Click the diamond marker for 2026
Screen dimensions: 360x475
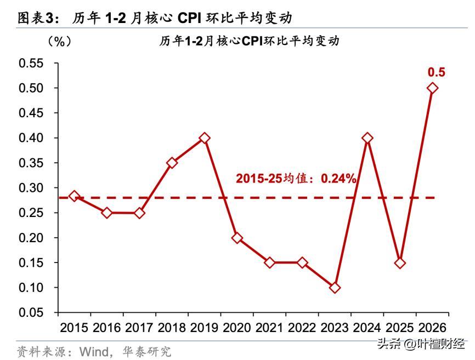432,88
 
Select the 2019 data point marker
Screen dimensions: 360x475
205,138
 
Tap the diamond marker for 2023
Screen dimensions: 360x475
335,288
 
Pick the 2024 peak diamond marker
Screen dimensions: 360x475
367,138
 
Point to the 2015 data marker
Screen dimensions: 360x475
74,196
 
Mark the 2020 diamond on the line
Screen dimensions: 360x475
237,238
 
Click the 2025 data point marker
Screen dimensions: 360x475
400,263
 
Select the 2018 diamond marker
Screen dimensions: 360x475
172,163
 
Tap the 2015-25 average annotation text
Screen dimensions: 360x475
296,179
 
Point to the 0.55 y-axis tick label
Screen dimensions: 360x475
31,63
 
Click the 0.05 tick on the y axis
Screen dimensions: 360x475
31,313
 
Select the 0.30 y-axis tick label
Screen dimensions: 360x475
31,188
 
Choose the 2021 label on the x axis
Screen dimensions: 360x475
269,328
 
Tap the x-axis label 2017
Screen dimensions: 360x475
139,328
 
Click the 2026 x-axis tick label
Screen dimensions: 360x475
432,328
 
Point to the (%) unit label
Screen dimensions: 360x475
59,41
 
